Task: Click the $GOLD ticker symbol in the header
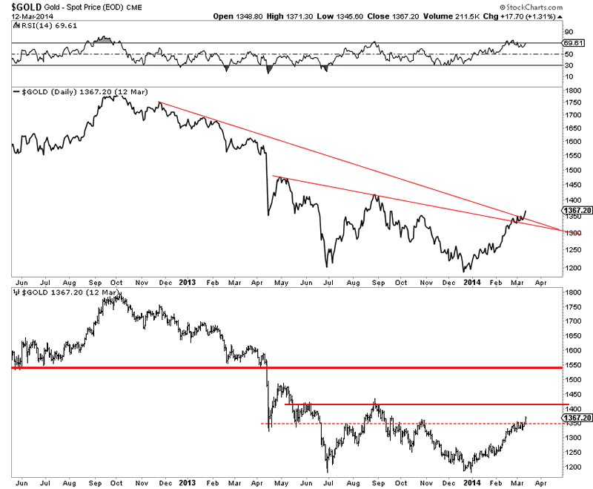tap(23, 7)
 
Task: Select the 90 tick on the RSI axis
tap(569, 31)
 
